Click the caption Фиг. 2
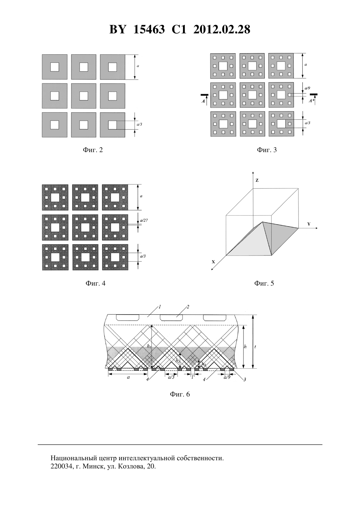click(x=93, y=150)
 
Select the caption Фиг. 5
click(x=264, y=283)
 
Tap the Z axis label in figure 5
click(x=257, y=181)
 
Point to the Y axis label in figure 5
click(x=309, y=224)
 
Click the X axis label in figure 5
click(x=213, y=262)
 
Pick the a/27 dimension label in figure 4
click(x=144, y=220)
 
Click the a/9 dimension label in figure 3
click(x=307, y=88)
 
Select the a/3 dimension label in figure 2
click(x=139, y=124)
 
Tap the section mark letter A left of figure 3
click(x=203, y=101)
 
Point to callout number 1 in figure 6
click(x=160, y=307)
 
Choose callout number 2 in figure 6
click(x=188, y=307)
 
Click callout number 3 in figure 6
click(x=244, y=379)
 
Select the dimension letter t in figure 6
click(x=255, y=347)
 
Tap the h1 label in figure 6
click(x=149, y=346)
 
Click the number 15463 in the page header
click(x=149, y=29)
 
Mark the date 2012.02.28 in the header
click(x=222, y=29)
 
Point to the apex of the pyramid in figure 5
click(x=262, y=222)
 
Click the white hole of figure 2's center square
click(x=84, y=96)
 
